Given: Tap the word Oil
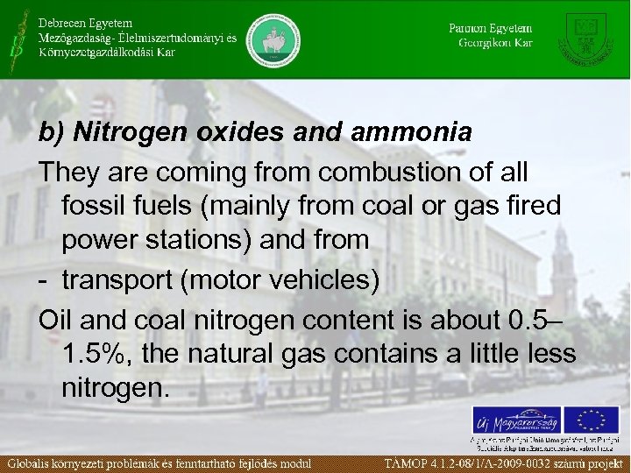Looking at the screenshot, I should [x=54, y=317].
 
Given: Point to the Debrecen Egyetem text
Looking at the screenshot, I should [x=85, y=22].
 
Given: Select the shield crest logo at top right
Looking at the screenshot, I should [x=588, y=39].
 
